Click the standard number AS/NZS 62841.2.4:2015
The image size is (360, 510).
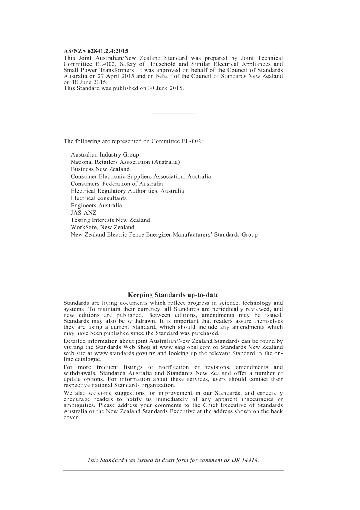pyautogui.click(x=96, y=51)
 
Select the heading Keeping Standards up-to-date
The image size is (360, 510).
pyautogui.click(x=173, y=295)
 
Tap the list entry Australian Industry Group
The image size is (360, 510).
pyautogui.click(x=105, y=155)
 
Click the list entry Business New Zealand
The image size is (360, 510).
pyautogui.click(x=100, y=169)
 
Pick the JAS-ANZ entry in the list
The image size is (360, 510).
pyautogui.click(x=83, y=213)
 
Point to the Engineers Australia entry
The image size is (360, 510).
pyautogui.click(x=96, y=206)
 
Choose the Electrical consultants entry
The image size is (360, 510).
pyautogui.click(x=99, y=198)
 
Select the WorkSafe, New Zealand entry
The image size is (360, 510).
pyautogui.click(x=102, y=227)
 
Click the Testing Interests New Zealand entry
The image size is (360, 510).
pyautogui.click(x=110, y=220)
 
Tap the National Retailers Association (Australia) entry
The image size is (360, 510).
pyautogui.click(x=125, y=162)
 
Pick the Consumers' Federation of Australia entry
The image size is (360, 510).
pyautogui.click(x=117, y=184)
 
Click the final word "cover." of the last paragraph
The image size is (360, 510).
pyautogui.click(x=71, y=417)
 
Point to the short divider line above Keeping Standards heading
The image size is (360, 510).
pyautogui.click(x=173, y=267)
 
